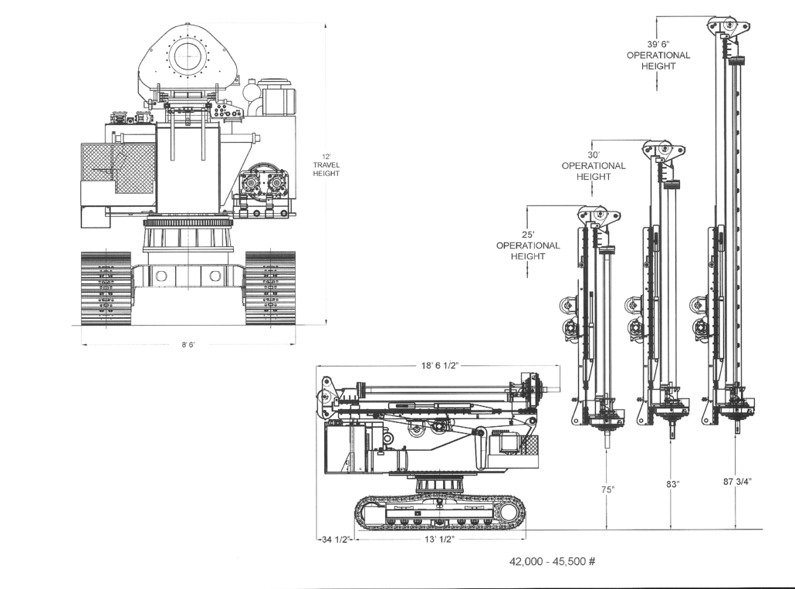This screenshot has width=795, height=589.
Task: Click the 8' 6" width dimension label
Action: click(x=188, y=345)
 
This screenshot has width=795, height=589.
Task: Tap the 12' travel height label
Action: click(x=326, y=164)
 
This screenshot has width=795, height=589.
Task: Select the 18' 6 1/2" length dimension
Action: click(x=439, y=365)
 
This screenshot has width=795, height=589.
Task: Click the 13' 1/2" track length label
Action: click(x=439, y=540)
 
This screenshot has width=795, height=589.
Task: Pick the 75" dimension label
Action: click(x=607, y=489)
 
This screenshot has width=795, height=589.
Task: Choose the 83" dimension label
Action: click(x=672, y=485)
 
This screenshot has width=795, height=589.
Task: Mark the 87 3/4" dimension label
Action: click(x=737, y=482)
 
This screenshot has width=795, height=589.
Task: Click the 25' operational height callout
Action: click(x=528, y=245)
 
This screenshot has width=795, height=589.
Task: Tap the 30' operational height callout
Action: click(x=594, y=166)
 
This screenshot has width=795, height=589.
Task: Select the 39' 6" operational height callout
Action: click(x=658, y=56)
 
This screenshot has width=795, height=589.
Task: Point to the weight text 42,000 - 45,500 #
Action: click(x=552, y=561)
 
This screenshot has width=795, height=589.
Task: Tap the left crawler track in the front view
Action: click(x=106, y=288)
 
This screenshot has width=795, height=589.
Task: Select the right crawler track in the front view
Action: click(x=270, y=288)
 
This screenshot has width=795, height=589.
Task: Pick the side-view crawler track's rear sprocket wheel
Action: click(x=510, y=514)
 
